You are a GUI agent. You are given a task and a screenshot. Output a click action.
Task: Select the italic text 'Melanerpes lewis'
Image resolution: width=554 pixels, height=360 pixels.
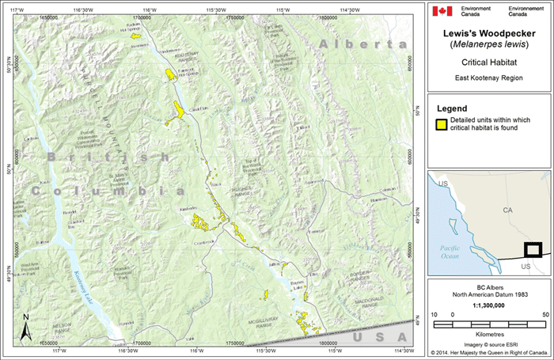pos(489,45)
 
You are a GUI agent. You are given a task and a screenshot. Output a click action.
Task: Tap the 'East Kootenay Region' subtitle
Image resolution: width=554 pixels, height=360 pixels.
pos(489,78)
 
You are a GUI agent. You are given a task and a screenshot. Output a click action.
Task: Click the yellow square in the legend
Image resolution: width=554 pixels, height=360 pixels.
pos(441,123)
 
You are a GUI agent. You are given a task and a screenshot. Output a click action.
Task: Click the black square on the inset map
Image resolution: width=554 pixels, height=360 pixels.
pos(533,250)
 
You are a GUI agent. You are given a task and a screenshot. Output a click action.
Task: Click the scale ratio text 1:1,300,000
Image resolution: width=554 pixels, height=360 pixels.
pos(489,304)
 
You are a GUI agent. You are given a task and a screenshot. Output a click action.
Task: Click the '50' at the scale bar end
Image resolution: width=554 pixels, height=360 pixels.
pos(545,314)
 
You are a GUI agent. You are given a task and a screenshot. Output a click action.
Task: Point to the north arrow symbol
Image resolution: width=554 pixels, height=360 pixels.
pos(25,327)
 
